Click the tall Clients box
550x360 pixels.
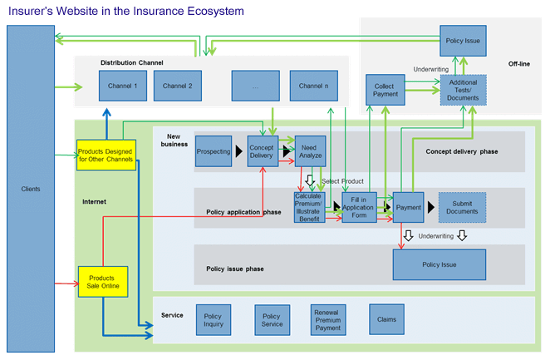tap(30, 188)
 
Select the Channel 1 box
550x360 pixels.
tap(123, 86)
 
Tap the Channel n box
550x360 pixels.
tap(314, 86)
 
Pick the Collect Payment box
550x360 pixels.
tap(385, 90)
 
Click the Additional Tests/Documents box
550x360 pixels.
tap(462, 90)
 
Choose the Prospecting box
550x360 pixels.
tap(214, 151)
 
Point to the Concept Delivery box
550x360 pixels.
tap(263, 150)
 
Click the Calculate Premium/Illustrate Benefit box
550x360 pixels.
tap(309, 206)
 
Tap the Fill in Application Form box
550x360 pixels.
tap(359, 206)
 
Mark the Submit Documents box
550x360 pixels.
tap(462, 207)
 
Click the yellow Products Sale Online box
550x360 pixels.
tap(102, 283)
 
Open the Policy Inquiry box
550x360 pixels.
tap(213, 319)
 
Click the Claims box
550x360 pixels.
tap(386, 319)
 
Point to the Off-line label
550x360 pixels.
tap(519, 64)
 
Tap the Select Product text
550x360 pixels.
tap(343, 181)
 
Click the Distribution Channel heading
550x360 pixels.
tap(132, 62)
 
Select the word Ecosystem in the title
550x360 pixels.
tap(212, 11)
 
